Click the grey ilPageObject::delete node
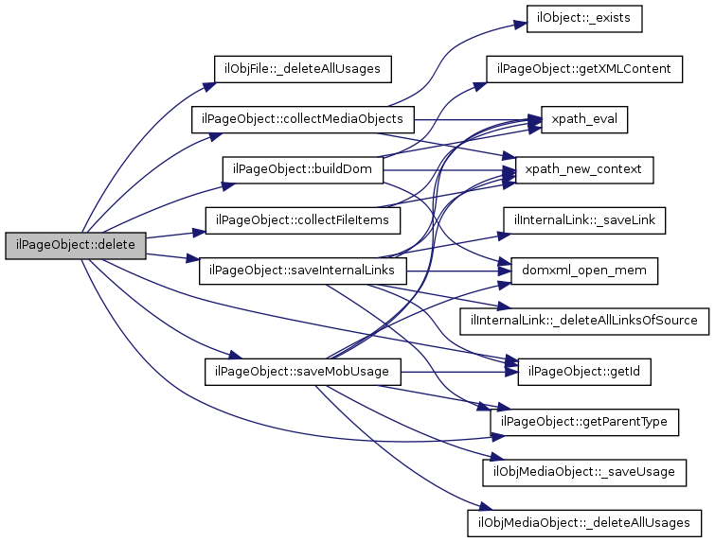coord(76,245)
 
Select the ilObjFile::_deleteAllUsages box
coord(303,69)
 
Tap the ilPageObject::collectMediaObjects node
coord(303,120)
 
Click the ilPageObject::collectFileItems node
coord(303,220)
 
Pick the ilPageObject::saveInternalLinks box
coord(303,271)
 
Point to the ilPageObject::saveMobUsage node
coord(303,371)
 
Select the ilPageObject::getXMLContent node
coord(585,69)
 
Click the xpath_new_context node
coord(584,170)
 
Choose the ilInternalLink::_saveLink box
coord(584,220)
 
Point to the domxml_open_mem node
coord(584,271)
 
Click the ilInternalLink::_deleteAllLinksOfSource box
coord(584,321)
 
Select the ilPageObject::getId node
coord(584,371)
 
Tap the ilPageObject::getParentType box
coord(584,421)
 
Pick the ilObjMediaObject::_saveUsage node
coord(584,471)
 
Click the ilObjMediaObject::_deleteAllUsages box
coord(584,521)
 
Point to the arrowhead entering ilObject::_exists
coord(523,19)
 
